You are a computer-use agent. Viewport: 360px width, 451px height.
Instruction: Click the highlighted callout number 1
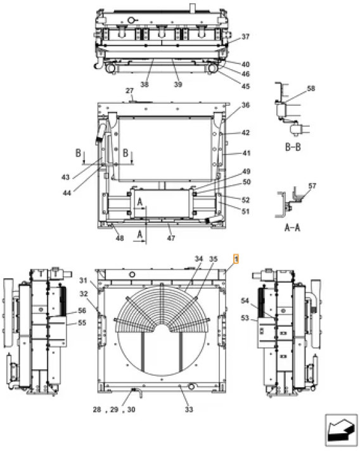pos(236,259)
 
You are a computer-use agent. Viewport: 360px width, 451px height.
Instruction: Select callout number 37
pos(245,37)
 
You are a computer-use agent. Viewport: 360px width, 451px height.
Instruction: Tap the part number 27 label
pos(130,91)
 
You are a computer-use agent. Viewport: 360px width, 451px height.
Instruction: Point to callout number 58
pos(311,89)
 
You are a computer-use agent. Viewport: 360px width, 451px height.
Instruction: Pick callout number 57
pos(311,186)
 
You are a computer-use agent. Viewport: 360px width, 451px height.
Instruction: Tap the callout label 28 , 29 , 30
pos(113,410)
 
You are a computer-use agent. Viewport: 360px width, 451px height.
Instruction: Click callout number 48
pos(119,238)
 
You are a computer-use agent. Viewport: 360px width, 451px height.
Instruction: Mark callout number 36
pos(245,105)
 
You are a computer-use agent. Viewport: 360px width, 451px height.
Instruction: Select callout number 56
pos(82,310)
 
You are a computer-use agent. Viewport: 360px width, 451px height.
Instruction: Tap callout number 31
pos(83,280)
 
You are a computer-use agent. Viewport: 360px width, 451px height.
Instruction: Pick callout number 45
pos(245,87)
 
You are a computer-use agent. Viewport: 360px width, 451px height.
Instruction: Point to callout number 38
pos(145,84)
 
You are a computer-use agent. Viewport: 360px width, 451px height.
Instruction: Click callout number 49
pos(245,172)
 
